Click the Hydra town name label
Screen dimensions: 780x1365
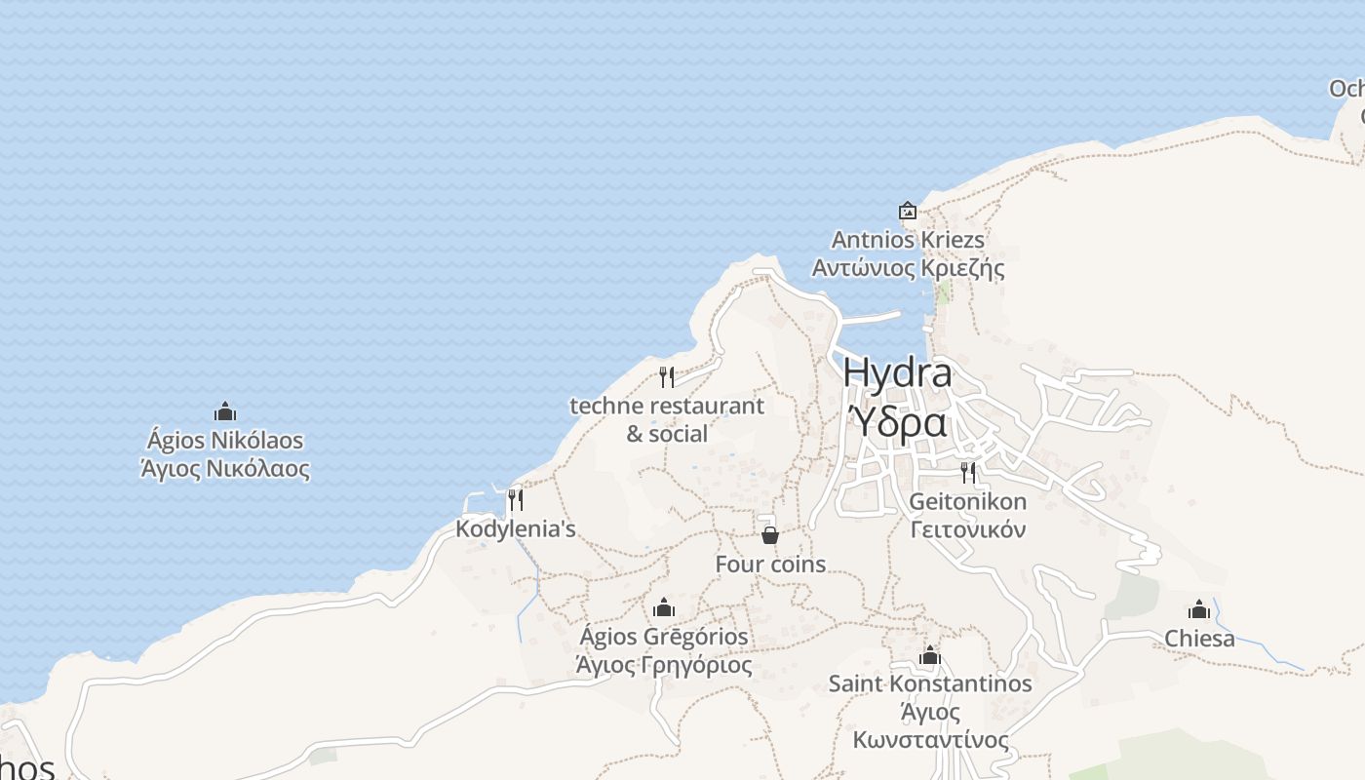897,372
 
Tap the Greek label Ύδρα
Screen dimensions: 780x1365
897,423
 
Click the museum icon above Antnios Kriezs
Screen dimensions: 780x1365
908,211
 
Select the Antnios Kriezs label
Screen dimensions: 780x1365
908,240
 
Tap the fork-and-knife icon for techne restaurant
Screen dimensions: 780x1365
667,377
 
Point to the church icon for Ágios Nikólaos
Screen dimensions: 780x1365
225,412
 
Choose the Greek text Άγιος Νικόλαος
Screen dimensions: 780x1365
225,469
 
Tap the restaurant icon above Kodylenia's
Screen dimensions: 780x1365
516,500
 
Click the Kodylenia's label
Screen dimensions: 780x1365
516,529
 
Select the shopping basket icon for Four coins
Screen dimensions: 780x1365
770,535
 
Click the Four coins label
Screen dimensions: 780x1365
770,565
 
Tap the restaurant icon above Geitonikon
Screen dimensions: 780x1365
968,473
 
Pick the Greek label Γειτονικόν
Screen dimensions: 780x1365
968,530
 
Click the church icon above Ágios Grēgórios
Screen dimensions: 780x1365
664,608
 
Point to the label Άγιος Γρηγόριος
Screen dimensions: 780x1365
664,666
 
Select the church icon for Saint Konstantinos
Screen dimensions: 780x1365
930,655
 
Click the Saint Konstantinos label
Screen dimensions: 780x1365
930,683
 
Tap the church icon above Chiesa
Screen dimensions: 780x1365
1199,610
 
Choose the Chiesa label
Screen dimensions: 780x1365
1199,639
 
